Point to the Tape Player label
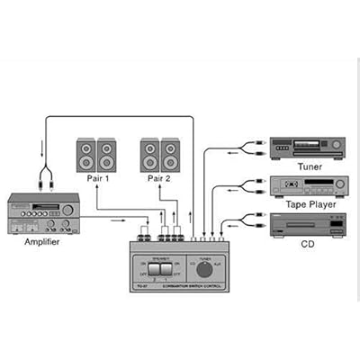coord(307,204)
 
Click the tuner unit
coord(307,148)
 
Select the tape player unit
coord(307,186)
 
